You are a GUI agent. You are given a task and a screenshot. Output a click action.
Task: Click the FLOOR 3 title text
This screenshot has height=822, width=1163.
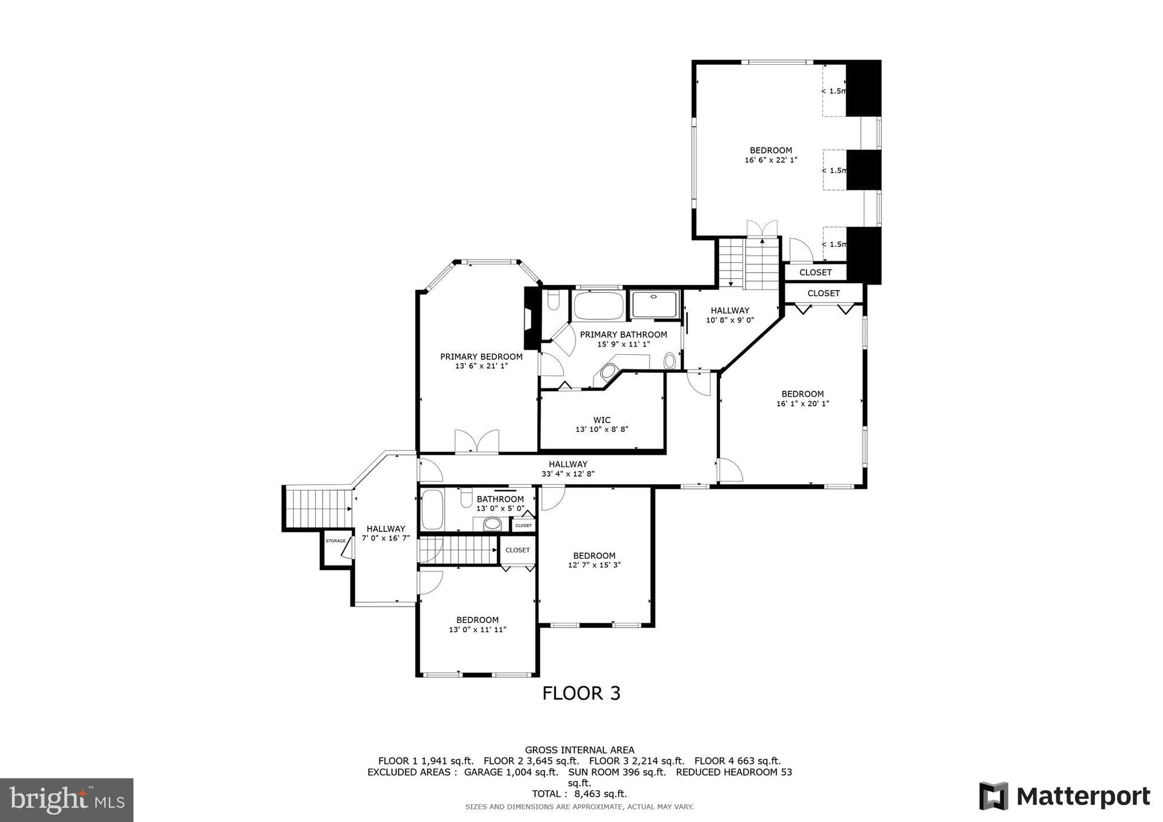pyautogui.click(x=581, y=693)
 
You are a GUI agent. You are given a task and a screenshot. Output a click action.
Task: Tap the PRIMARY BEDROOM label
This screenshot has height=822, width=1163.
pyautogui.click(x=481, y=357)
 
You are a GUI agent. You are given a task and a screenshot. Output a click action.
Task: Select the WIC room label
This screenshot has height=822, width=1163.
pyautogui.click(x=601, y=421)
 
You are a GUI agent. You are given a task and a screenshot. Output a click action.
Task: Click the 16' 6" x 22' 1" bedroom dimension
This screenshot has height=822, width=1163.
pyautogui.click(x=771, y=160)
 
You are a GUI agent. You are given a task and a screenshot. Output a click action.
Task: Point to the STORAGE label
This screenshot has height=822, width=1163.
pyautogui.click(x=335, y=541)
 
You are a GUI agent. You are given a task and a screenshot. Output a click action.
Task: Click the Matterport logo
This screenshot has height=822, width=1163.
pyautogui.click(x=1064, y=796)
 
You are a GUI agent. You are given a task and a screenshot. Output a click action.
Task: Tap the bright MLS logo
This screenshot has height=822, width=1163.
pyautogui.click(x=66, y=800)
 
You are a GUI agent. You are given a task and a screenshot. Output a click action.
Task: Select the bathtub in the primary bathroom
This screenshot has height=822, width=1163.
pyautogui.click(x=598, y=306)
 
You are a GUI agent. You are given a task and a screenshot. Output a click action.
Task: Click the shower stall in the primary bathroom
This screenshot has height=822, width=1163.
pyautogui.click(x=655, y=305)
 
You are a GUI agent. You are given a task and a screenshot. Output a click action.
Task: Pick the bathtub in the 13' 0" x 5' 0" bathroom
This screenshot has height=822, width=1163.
pyautogui.click(x=432, y=509)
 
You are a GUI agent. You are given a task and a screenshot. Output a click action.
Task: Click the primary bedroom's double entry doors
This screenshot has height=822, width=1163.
pyautogui.click(x=477, y=442)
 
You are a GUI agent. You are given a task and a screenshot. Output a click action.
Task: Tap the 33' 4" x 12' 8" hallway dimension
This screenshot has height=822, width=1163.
pyautogui.click(x=568, y=473)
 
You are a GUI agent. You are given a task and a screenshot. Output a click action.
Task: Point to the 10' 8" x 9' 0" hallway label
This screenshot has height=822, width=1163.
pyautogui.click(x=730, y=311)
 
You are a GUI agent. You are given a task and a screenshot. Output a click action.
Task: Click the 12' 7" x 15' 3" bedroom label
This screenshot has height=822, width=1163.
pyautogui.click(x=594, y=556)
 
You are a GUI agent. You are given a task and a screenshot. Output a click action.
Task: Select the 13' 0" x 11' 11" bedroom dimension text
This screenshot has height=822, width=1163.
pyautogui.click(x=478, y=630)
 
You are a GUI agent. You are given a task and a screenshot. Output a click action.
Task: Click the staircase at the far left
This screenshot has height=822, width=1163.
pyautogui.click(x=318, y=508)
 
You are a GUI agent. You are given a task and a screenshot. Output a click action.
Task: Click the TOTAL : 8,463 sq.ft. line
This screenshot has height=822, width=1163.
pyautogui.click(x=579, y=794)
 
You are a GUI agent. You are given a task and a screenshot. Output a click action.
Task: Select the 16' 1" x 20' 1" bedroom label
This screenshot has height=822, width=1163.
pyautogui.click(x=802, y=394)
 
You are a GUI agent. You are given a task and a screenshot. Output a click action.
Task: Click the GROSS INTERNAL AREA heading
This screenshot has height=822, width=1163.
pyautogui.click(x=579, y=750)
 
